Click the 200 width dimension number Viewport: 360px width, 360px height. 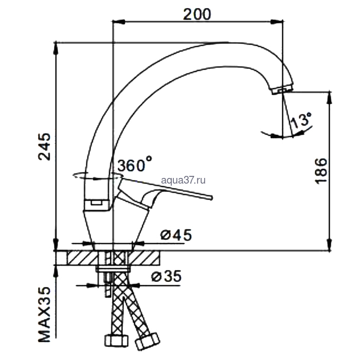click(x=197, y=14)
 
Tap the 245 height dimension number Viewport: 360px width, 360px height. click(x=44, y=147)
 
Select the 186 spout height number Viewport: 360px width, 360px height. click(x=320, y=171)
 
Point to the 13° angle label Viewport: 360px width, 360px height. click(x=301, y=120)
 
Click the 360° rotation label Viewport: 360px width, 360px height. click(x=135, y=164)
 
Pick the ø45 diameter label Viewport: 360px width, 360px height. click(x=176, y=235)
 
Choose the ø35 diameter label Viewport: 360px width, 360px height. click(x=167, y=276)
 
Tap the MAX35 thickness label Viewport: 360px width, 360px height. click(x=44, y=315)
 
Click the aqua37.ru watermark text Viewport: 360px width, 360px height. click(x=183, y=180)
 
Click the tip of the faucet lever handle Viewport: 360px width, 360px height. click(x=212, y=197)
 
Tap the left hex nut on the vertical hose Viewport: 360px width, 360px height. click(x=116, y=340)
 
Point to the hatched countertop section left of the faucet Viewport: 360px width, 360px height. click(x=82, y=258)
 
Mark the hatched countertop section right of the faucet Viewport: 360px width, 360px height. click(x=143, y=258)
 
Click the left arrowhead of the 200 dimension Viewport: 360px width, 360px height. click(x=118, y=22)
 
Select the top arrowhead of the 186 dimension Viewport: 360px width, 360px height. click(x=330, y=98)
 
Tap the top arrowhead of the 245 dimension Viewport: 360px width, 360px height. click(x=56, y=48)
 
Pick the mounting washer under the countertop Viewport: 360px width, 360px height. click(x=113, y=269)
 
